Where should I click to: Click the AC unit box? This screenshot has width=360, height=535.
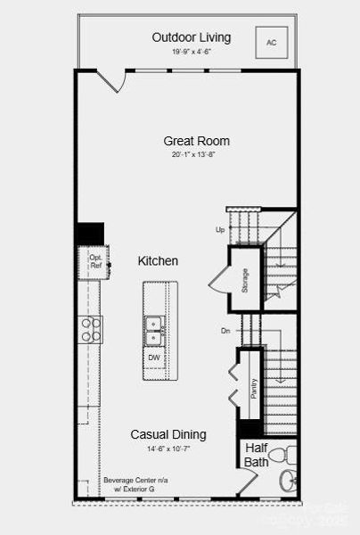pyautogui.click(x=272, y=42)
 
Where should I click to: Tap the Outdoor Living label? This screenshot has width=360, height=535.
pyautogui.click(x=192, y=37)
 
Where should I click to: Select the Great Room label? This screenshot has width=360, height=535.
pyautogui.click(x=196, y=141)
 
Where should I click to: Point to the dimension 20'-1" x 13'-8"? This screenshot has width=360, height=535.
pyautogui.click(x=194, y=155)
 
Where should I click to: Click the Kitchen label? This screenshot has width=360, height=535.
pyautogui.click(x=158, y=261)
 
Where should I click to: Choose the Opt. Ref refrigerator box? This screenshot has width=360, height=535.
pyautogui.click(x=95, y=261)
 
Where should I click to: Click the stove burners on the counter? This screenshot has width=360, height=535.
pyautogui.click(x=91, y=329)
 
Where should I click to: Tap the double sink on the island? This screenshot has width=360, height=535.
pyautogui.click(x=155, y=331)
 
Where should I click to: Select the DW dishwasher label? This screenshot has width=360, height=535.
pyautogui.click(x=154, y=358)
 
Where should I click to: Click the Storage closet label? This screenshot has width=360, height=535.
pyautogui.click(x=245, y=278)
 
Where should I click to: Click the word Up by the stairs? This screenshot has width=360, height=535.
pyautogui.click(x=220, y=229)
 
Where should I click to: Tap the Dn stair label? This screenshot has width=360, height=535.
pyautogui.click(x=225, y=330)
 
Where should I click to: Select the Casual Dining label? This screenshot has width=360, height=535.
pyautogui.click(x=168, y=434)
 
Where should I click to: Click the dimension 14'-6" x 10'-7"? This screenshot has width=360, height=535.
pyautogui.click(x=168, y=449)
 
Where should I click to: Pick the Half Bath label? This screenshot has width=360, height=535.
pyautogui.click(x=256, y=455)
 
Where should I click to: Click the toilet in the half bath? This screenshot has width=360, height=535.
pyautogui.click(x=283, y=456)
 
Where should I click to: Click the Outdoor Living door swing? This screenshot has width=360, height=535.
pyautogui.click(x=110, y=80)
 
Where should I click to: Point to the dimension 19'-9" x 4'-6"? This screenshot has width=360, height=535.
pyautogui.click(x=192, y=53)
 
